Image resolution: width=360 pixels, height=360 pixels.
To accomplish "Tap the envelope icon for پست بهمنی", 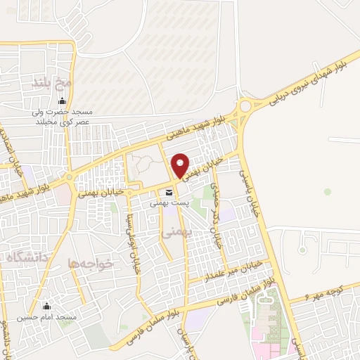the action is point(169,192).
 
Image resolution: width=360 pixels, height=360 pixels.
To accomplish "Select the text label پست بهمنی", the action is point(169,202).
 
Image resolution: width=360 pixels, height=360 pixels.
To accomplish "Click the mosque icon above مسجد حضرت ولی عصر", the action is point(51,101).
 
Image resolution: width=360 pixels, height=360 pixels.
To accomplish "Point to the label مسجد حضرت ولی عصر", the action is point(51,115).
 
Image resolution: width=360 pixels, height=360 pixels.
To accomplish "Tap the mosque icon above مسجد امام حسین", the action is point(47,307).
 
